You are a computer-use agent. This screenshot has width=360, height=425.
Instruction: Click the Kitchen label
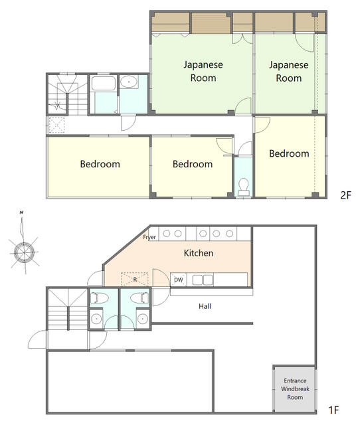[199, 253]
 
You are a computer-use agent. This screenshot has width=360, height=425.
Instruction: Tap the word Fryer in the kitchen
[149, 237]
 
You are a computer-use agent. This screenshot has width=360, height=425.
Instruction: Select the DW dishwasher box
[179, 280]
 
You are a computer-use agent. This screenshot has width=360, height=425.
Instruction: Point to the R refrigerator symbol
[135, 279]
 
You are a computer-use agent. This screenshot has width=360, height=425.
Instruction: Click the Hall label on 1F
[205, 306]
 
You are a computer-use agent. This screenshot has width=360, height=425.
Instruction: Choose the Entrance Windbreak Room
[295, 389]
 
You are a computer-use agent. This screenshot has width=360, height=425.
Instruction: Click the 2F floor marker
[345, 195]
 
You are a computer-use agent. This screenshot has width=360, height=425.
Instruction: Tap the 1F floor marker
[334, 410]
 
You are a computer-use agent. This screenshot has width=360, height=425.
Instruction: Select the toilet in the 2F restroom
[244, 187]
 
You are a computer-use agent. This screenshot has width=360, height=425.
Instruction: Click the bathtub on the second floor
[103, 84]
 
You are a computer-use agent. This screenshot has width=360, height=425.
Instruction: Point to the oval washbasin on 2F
[129, 82]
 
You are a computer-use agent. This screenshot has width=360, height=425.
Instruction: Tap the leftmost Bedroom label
[100, 164]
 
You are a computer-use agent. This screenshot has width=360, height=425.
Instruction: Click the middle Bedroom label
[193, 164]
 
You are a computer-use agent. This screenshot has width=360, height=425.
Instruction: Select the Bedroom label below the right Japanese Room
[289, 153]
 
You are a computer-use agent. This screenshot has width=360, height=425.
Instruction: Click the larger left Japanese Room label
[203, 71]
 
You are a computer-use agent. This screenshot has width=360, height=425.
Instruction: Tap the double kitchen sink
[203, 280]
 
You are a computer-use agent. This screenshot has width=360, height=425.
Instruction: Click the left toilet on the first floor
[99, 298]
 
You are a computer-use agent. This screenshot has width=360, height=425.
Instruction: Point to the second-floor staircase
[68, 94]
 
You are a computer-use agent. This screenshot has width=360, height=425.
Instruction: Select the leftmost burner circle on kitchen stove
[167, 233]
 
